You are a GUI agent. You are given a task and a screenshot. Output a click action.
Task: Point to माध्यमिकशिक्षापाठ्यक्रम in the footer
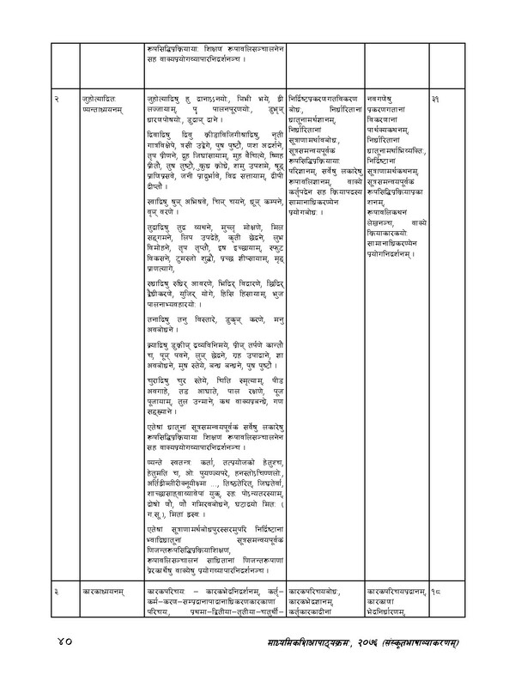293,641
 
